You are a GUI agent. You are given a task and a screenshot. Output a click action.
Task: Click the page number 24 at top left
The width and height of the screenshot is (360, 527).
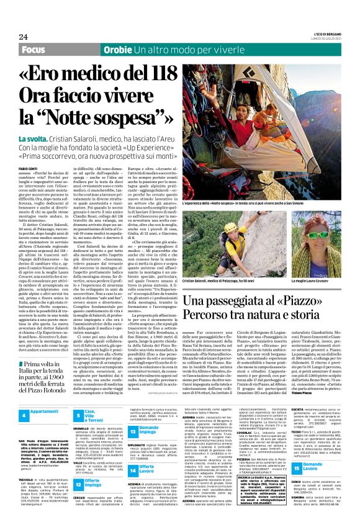pos(24,36)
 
